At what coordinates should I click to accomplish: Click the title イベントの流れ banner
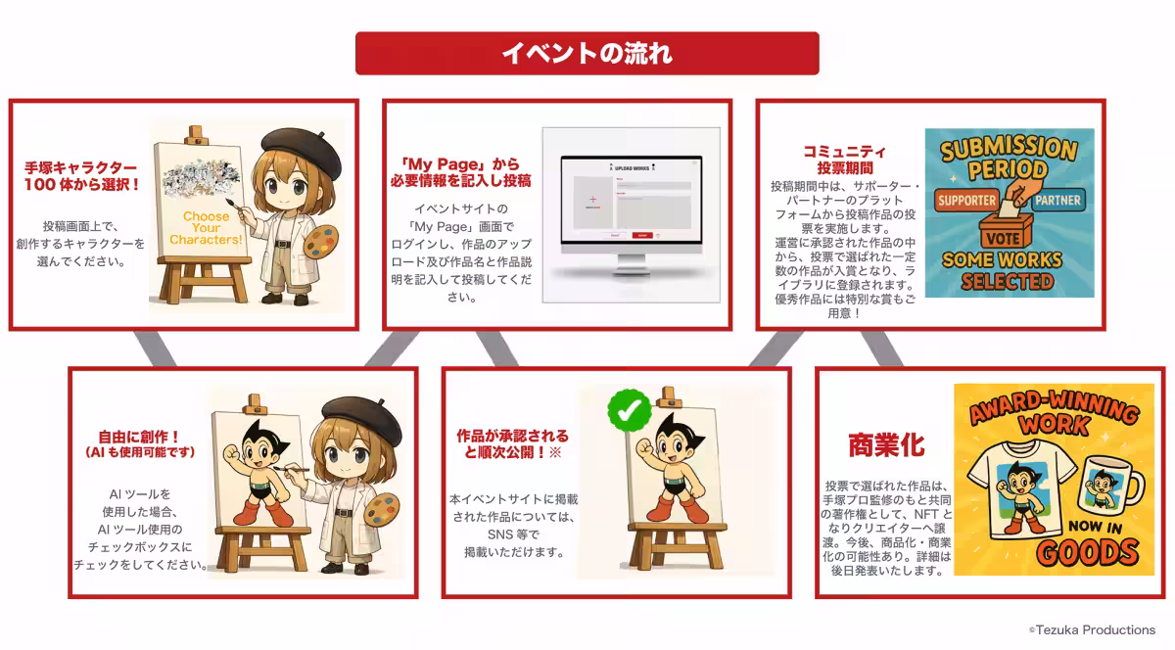point(587,53)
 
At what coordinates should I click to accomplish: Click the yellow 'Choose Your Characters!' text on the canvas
point(206,227)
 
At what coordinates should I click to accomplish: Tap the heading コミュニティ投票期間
point(844,160)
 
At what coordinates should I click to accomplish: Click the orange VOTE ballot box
point(1009,231)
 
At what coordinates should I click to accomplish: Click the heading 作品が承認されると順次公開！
point(512,443)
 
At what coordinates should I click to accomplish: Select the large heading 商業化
point(885,445)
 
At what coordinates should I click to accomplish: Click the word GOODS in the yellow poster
point(1075,552)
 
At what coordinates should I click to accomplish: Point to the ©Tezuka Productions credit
point(1091,629)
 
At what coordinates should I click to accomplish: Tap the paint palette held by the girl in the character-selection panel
point(317,241)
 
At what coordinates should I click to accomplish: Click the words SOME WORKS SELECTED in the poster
point(1009,271)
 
